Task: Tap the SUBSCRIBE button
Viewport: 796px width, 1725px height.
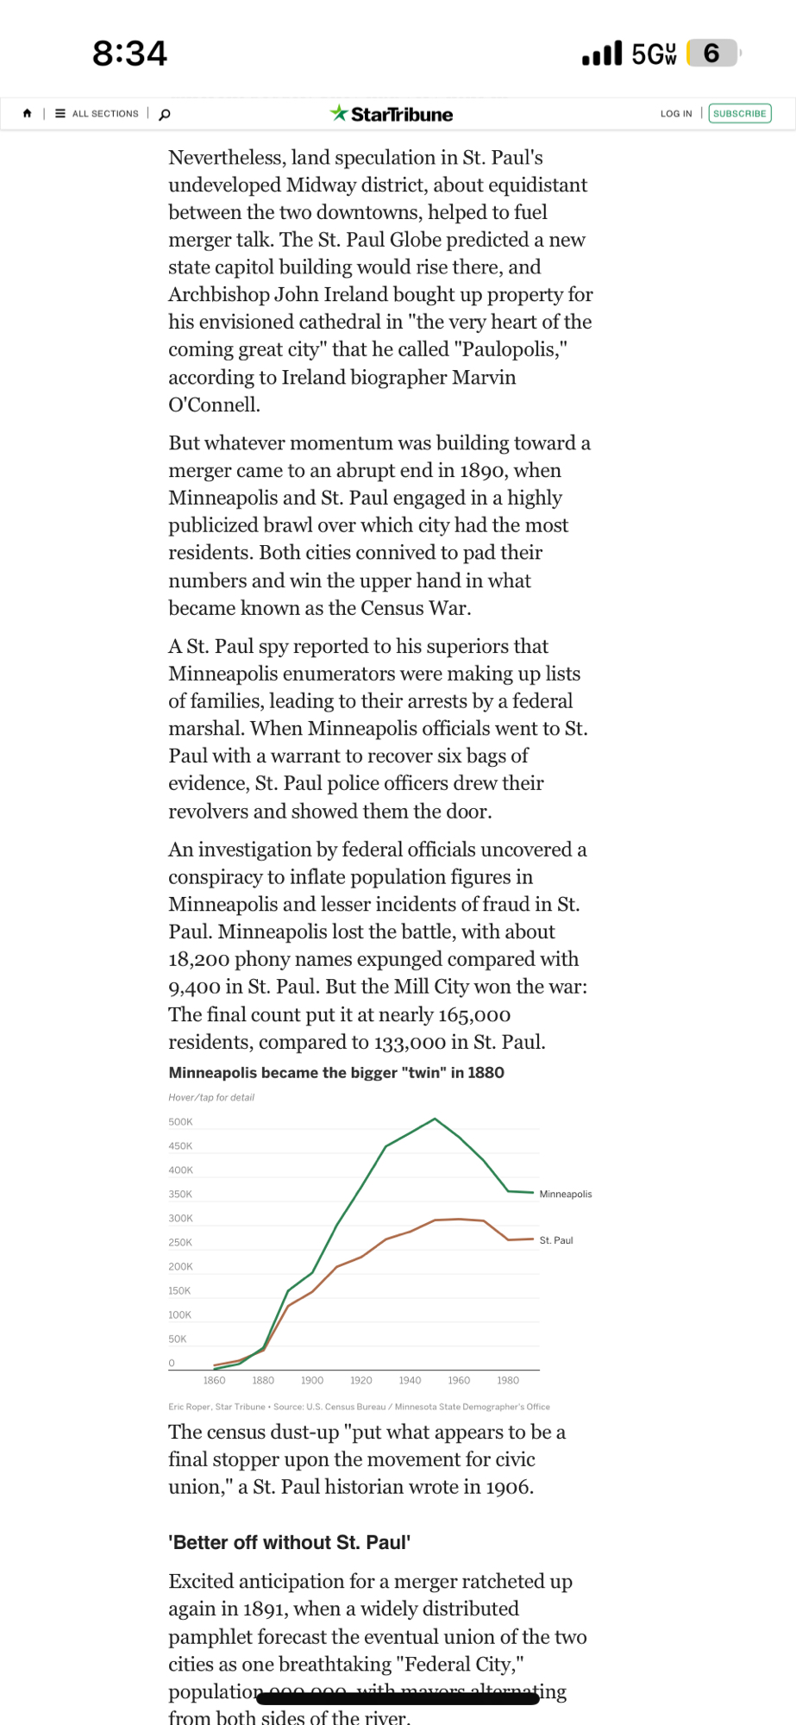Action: click(739, 114)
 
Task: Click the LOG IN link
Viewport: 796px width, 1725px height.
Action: click(676, 114)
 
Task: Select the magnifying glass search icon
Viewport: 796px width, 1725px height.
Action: click(165, 114)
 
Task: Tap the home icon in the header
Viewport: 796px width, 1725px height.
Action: click(28, 113)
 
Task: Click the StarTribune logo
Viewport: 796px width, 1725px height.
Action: click(392, 114)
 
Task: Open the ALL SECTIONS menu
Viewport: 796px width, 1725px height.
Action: click(97, 114)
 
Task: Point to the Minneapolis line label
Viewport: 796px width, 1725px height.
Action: click(566, 1195)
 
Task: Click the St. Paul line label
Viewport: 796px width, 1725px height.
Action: click(556, 1240)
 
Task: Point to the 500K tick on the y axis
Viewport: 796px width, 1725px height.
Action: click(180, 1122)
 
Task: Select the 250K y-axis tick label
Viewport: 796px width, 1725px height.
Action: click(180, 1243)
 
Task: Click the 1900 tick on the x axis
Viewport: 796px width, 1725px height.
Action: click(312, 1381)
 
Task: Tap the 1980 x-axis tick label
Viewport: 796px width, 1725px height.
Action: click(508, 1381)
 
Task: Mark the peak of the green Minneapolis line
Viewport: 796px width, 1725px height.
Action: click(436, 1119)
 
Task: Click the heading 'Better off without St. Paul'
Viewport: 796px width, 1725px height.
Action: click(289, 1542)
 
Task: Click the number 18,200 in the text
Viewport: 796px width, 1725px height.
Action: click(198, 959)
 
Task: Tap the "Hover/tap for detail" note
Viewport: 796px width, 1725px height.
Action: click(211, 1098)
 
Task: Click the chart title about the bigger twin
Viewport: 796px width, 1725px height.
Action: click(336, 1073)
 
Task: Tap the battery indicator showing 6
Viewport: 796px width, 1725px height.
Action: click(712, 53)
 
